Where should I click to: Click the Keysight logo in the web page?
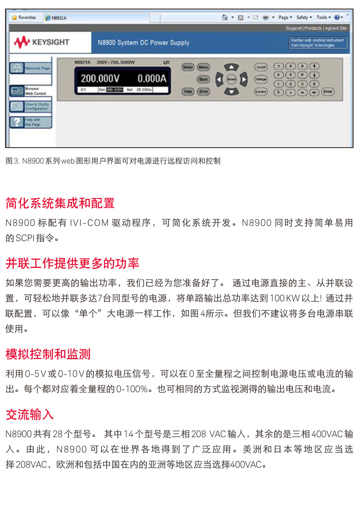(x=41, y=42)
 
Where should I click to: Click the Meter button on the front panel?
(x=188, y=67)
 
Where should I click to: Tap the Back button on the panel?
(x=203, y=79)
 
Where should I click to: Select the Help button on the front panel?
(x=188, y=91)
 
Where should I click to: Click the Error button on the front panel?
(x=204, y=91)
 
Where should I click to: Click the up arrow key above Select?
(x=231, y=67)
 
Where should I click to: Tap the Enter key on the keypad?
(x=328, y=91)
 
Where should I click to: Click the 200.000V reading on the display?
(x=100, y=79)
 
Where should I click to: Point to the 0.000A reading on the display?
(x=152, y=79)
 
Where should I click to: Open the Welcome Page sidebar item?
(x=31, y=68)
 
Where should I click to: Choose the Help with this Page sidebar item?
(x=31, y=122)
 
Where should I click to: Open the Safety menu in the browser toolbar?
(x=304, y=18)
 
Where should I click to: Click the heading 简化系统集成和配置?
(x=60, y=203)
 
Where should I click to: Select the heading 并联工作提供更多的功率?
(x=72, y=263)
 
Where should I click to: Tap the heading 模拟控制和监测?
(x=48, y=354)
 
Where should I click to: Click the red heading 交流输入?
(x=30, y=415)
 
